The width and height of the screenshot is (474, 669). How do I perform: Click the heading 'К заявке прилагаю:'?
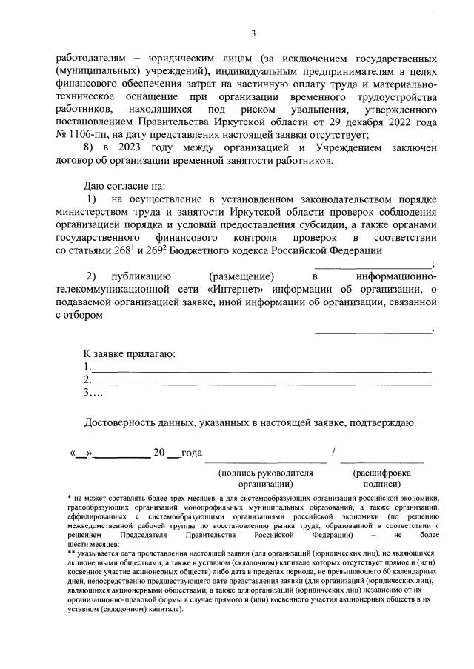[x=129, y=353]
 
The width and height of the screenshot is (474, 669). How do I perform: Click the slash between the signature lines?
[x=335, y=453]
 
